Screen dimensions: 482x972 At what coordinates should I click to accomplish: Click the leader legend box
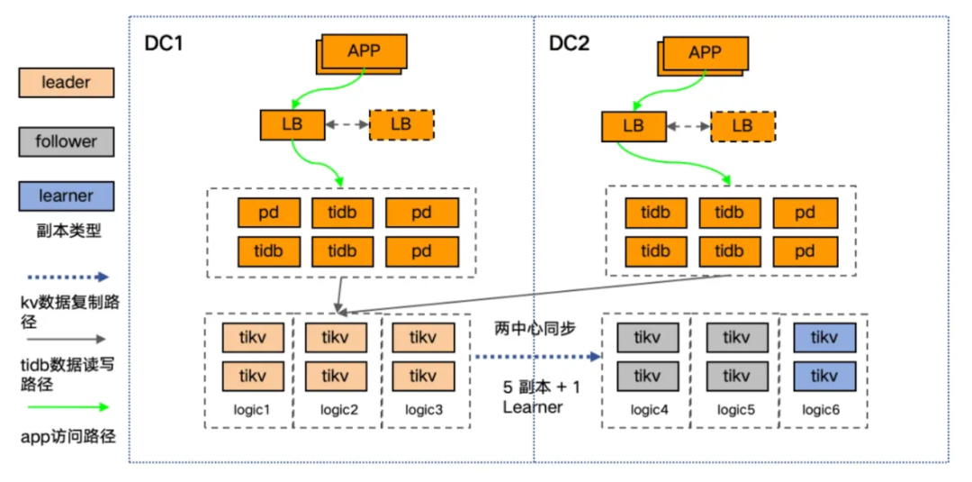66,83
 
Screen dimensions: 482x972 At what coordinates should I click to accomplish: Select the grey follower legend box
66,141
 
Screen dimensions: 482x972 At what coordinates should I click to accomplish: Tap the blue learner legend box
66,196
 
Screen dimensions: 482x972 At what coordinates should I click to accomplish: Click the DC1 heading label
163,43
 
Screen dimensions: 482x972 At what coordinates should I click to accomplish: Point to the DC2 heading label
569,43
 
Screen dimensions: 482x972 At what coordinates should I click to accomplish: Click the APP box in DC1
364,50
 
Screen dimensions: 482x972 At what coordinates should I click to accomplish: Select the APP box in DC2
705,52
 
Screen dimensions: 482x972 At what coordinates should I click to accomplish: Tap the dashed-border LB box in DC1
401,124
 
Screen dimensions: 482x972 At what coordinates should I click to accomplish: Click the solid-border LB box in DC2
634,126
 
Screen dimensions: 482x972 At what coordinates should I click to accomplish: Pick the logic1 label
252,410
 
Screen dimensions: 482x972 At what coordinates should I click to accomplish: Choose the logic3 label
424,410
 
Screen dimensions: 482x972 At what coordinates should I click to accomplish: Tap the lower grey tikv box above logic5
735,376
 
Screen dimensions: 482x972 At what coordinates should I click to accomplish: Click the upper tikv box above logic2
335,338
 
